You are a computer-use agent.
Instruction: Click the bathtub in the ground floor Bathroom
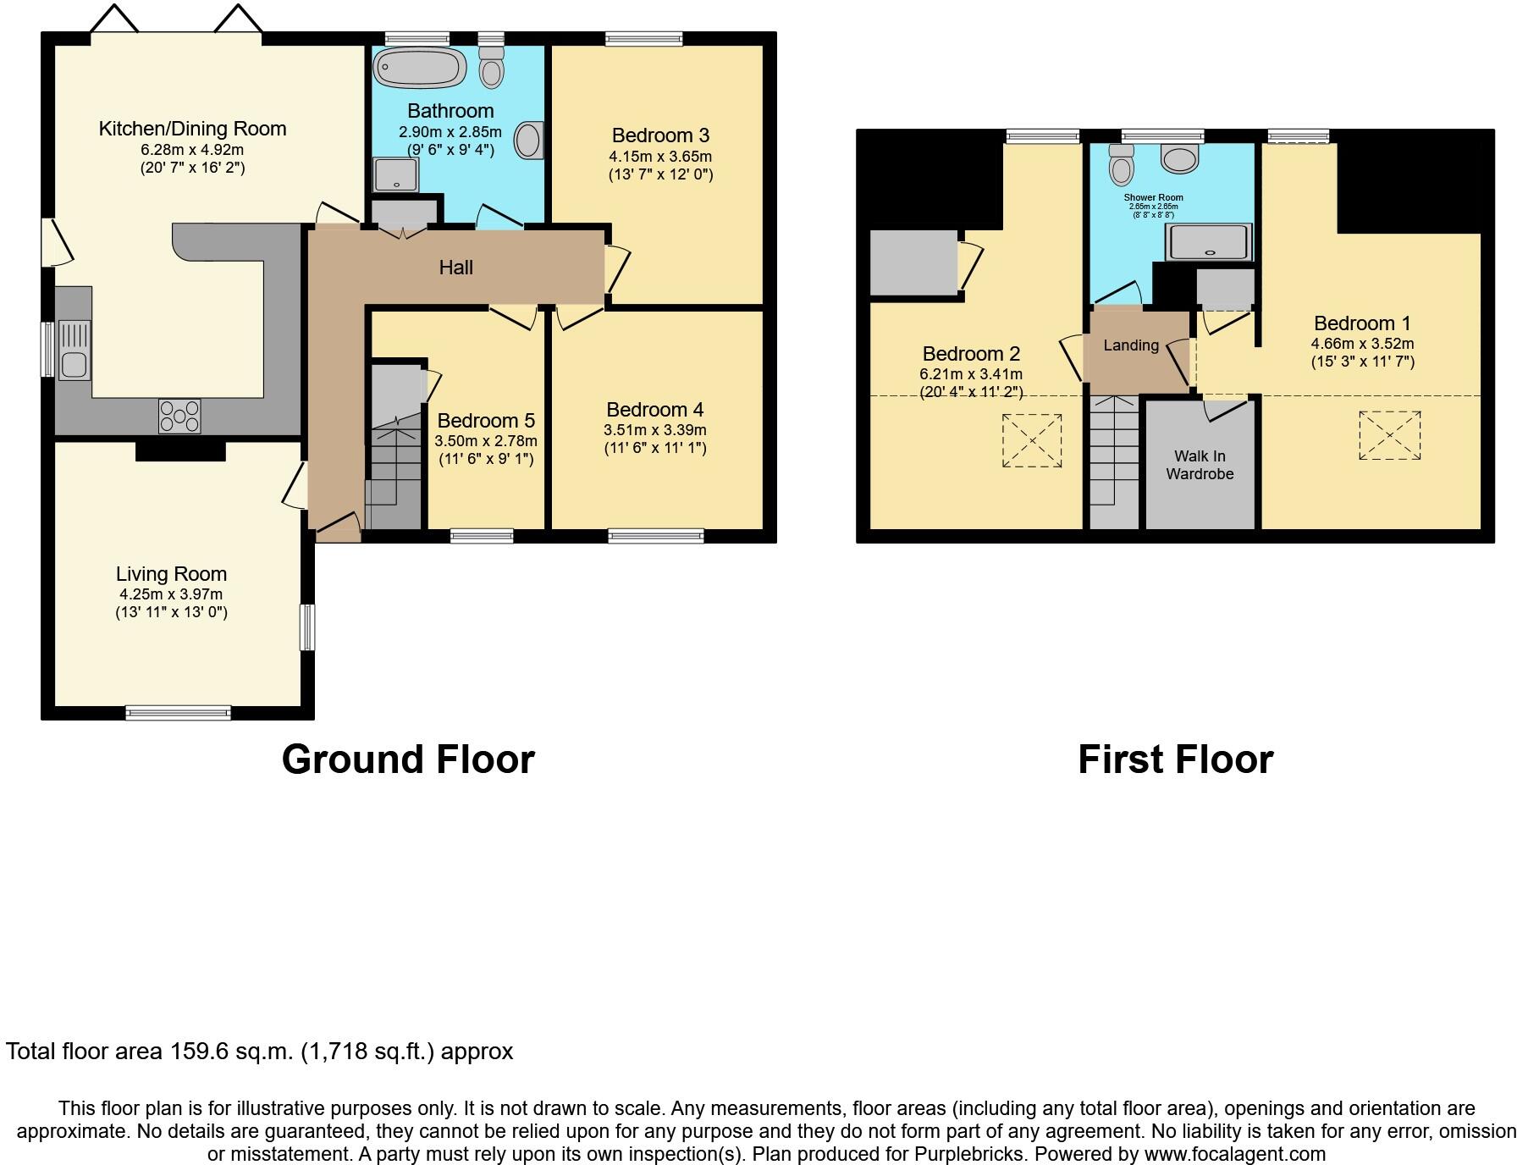[x=420, y=66]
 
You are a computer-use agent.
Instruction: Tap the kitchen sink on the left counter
[x=74, y=349]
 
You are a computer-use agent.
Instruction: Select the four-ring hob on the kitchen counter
[x=179, y=416]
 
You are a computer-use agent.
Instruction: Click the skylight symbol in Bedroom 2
[x=1032, y=440]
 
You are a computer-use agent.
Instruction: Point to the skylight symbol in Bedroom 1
[x=1390, y=435]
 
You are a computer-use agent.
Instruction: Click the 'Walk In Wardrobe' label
[x=1200, y=465]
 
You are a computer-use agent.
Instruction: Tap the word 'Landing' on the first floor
[x=1131, y=345]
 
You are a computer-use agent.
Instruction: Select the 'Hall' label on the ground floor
[x=455, y=268]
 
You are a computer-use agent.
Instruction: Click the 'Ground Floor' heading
[x=408, y=759]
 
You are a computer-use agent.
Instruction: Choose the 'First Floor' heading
[x=1175, y=759]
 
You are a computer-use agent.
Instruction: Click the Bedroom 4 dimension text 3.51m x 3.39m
[x=655, y=430]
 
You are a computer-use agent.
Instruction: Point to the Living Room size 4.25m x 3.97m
[x=171, y=594]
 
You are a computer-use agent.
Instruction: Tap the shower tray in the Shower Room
[x=1209, y=242]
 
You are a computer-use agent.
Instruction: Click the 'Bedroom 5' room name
[x=486, y=421]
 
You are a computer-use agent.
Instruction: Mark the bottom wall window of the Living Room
[x=179, y=712]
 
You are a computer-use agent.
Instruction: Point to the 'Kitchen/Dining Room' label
[x=193, y=129]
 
